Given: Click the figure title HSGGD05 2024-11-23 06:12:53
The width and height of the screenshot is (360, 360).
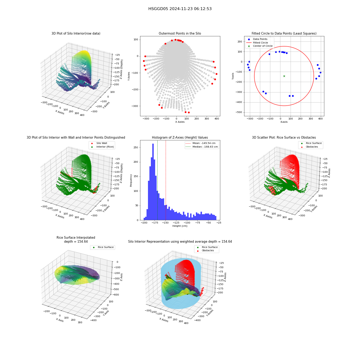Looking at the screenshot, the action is point(180,9).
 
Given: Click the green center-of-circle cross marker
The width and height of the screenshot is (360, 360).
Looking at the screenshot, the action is point(284,76).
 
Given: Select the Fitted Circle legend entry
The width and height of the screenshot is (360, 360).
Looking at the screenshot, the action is point(257,42).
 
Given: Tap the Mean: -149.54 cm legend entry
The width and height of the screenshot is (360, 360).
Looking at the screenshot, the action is point(201,143).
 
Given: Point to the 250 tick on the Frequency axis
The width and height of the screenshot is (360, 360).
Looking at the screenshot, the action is point(136,147).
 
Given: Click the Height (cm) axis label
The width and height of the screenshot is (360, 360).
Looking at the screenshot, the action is point(180,226).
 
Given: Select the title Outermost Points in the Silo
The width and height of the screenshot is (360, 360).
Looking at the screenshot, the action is point(180,33).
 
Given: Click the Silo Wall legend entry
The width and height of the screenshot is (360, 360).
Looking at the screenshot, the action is point(99,143).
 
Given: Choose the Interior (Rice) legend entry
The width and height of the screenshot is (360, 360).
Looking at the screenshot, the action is point(102,147).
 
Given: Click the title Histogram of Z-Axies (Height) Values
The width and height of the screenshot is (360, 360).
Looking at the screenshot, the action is point(180,138).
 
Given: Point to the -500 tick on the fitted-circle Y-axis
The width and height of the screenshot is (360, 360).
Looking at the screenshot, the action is point(239,112).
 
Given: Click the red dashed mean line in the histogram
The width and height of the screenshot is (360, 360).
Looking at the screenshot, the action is point(166,180).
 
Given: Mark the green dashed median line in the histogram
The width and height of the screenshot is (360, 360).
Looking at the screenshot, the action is point(158,180).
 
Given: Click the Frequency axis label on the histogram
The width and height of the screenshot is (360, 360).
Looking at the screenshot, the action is point(131,180).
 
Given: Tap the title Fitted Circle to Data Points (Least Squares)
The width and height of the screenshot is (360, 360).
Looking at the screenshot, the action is point(284,33).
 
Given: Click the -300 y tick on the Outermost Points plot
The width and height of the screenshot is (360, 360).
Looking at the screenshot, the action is point(135,106).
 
